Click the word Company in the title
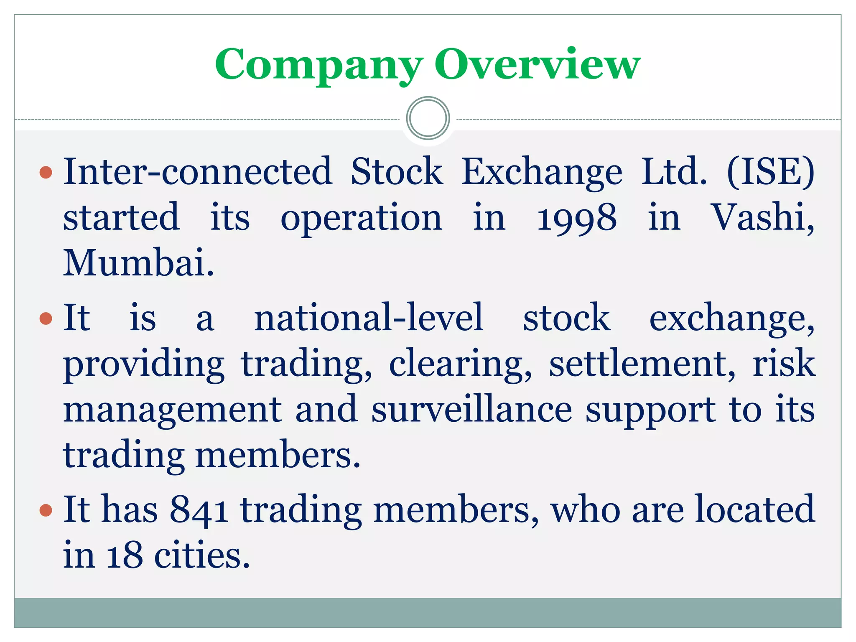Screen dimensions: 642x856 (318, 65)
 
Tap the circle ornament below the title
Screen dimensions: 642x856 (428, 118)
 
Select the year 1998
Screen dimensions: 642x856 (576, 217)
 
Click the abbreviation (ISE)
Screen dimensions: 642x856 (771, 171)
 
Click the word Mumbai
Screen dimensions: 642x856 (138, 262)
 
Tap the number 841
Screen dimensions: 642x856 (199, 510)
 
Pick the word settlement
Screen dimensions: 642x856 (642, 364)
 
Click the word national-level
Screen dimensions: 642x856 (369, 318)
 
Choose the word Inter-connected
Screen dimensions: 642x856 (197, 171)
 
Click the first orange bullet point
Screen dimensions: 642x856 (46, 172)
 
